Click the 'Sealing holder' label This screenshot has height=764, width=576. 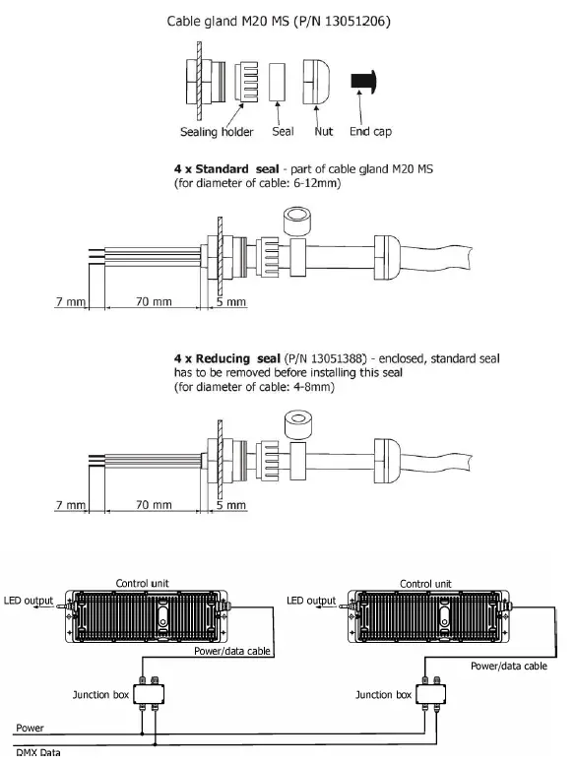[x=217, y=131]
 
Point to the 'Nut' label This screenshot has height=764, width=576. [x=324, y=131]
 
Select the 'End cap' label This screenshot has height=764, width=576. [x=372, y=131]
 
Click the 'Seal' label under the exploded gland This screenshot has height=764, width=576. [x=284, y=131]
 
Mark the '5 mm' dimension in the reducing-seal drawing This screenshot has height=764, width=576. [x=230, y=505]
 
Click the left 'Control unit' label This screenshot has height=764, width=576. [x=146, y=583]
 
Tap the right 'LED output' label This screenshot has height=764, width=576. [x=309, y=601]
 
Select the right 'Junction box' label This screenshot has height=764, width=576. [x=382, y=694]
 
